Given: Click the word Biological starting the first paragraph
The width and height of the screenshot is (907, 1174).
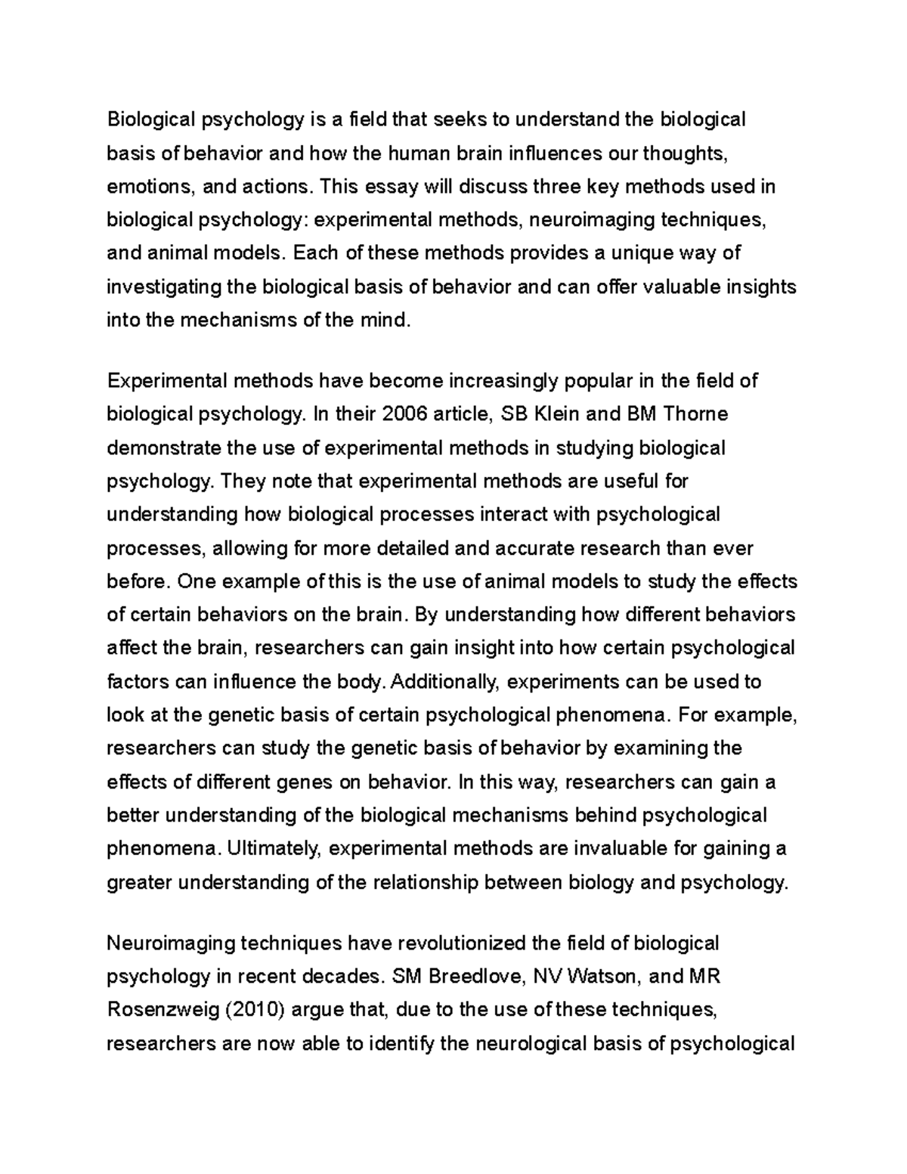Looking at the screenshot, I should pos(150,119).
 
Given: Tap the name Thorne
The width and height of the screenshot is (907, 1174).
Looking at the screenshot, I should pos(695,414).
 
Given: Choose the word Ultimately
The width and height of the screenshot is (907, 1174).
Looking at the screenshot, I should pos(275,849).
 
